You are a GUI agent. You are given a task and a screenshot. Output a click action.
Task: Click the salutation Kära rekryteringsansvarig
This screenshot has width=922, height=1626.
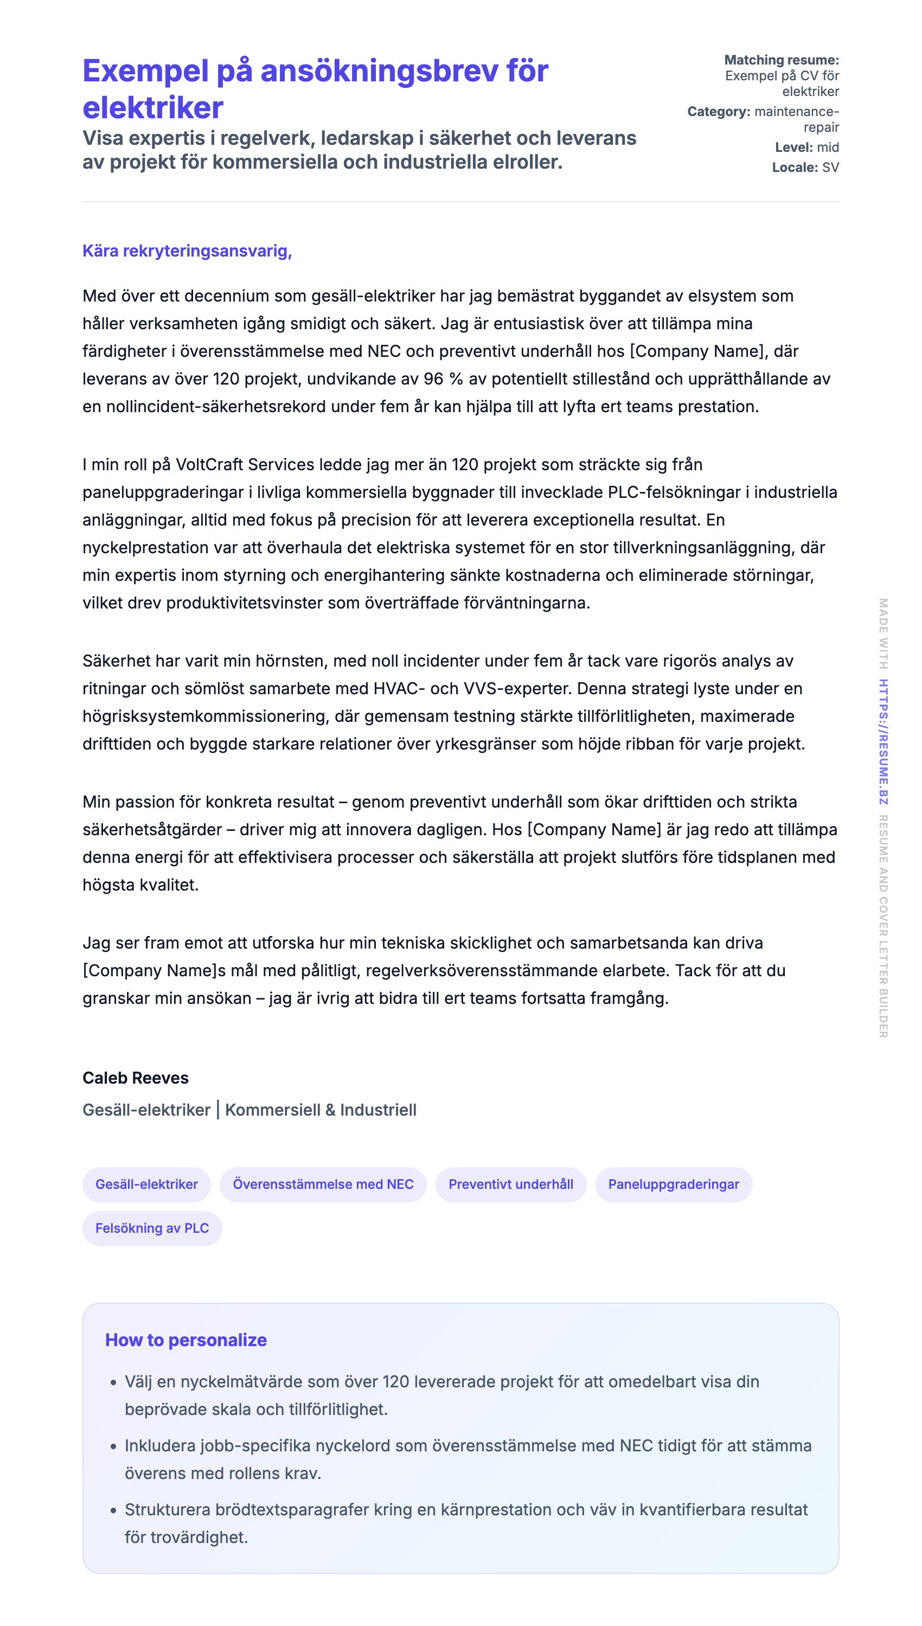187,251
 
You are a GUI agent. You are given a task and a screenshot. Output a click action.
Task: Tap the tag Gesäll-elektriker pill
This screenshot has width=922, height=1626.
146,1184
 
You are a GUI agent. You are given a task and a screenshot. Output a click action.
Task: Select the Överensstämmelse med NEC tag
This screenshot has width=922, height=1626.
323,1184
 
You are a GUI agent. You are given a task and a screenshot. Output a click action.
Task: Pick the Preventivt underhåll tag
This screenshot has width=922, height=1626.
510,1184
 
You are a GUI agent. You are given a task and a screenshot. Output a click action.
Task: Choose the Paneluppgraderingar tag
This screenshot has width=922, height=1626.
673,1184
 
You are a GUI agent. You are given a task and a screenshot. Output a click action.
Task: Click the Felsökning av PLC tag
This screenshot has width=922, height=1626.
152,1228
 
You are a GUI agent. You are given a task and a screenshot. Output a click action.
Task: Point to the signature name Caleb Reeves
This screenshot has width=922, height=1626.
136,1078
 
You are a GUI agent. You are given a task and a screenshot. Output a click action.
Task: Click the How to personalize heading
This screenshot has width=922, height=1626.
185,1340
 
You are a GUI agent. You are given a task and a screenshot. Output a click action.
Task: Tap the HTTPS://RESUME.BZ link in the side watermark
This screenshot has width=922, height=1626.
883,741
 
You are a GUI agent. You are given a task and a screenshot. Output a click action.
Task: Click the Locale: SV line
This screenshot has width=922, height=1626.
805,167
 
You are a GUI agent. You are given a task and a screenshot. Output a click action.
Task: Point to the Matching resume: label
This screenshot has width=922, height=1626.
781,60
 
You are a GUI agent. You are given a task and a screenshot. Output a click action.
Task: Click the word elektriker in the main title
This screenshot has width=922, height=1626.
152,107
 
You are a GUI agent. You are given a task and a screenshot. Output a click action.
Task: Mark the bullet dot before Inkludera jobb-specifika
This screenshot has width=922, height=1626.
113,1446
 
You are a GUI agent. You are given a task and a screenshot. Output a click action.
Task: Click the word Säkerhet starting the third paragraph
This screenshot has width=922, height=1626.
117,661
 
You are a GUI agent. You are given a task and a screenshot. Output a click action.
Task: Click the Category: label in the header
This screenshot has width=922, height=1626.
718,111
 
